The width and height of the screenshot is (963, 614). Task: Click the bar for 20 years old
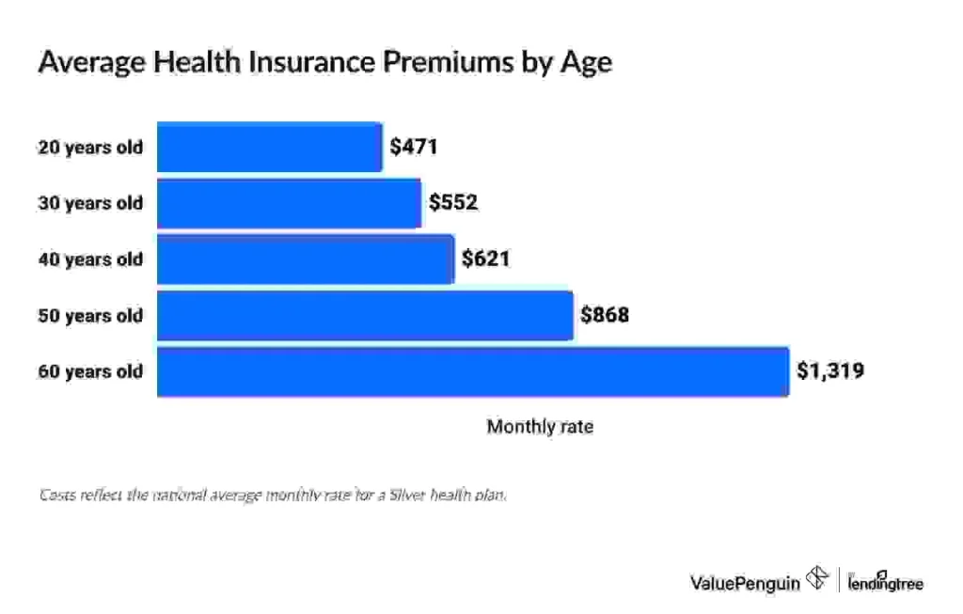pos(269,147)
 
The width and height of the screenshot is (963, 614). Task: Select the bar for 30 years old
pos(289,203)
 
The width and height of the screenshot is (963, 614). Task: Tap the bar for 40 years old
pos(305,259)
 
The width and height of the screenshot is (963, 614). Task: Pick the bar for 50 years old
pos(365,315)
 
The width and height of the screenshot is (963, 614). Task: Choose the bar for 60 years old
pos(472,371)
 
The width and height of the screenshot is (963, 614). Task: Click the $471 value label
pos(414,147)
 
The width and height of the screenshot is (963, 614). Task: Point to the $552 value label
pos(453,203)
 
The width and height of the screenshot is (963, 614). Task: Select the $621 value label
pos(485,259)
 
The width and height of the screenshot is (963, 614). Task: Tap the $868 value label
pos(604,315)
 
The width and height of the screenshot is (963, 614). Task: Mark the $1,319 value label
pos(830,371)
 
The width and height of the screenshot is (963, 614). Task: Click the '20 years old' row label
pos(90,147)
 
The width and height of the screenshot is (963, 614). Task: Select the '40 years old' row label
pos(90,259)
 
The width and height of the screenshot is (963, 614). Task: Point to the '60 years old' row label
pos(90,371)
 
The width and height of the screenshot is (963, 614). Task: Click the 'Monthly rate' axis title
pos(540,427)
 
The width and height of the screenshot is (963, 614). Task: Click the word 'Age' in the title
pos(587,63)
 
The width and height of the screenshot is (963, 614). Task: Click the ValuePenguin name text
pos(745,583)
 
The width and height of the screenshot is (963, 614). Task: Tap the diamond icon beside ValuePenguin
pos(816,581)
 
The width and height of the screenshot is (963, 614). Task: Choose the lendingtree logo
pos(885,582)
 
